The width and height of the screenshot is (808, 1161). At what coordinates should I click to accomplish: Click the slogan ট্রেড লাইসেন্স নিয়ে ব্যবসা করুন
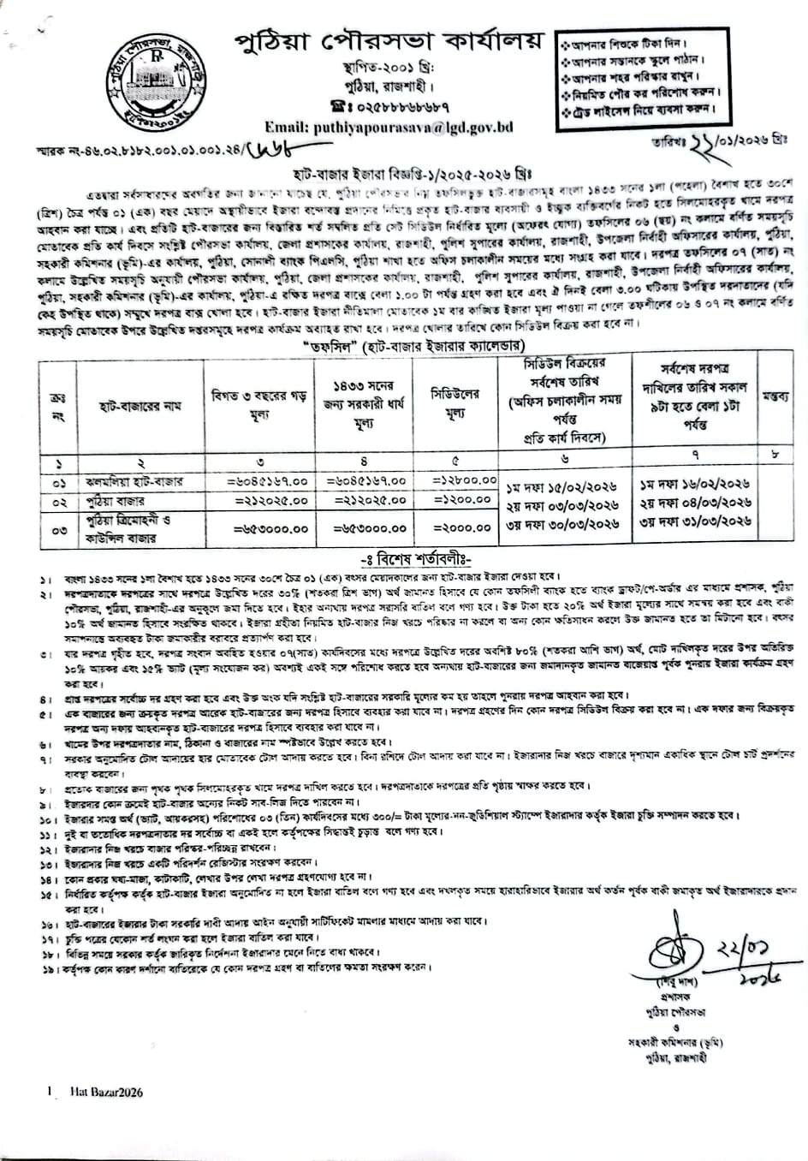click(x=637, y=110)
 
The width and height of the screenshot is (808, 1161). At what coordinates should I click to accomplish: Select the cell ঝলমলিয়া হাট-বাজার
click(x=128, y=482)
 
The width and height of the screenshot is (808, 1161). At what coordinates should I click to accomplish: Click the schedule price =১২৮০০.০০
click(x=462, y=482)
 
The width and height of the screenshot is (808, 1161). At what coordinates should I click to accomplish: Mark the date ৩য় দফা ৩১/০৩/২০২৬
click(x=695, y=520)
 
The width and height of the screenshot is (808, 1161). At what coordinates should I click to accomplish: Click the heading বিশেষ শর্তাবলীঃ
click(x=406, y=560)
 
